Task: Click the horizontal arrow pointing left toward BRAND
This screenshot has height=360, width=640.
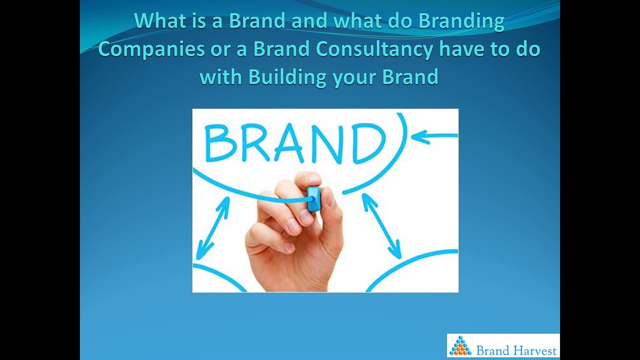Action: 434,135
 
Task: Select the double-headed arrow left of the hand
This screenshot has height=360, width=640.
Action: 212,228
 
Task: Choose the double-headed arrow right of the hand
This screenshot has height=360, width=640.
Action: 381,225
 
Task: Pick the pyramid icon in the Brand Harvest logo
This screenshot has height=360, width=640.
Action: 460,346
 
